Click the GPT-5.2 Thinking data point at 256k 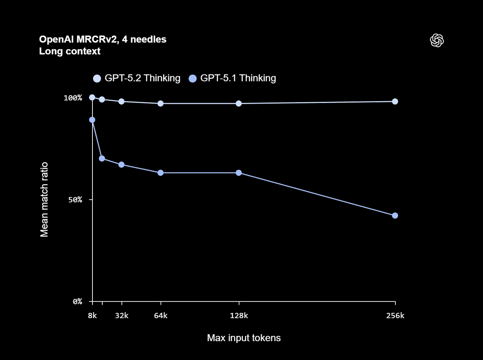(395, 102)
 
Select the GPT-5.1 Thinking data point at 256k (395, 215)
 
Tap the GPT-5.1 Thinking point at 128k (238, 173)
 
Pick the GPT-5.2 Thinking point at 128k (238, 103)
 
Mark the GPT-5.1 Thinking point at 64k (160, 173)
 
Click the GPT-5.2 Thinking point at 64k (160, 103)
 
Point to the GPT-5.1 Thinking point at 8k (92, 120)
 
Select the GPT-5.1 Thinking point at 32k (122, 165)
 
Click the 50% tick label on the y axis (75, 200)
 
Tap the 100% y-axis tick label (73, 98)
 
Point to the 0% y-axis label (77, 302)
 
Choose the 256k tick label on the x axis (395, 316)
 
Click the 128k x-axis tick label (239, 316)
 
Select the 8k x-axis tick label (92, 316)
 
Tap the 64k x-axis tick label (161, 316)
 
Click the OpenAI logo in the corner (437, 40)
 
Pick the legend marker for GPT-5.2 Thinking (97, 78)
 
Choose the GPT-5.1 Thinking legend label (238, 78)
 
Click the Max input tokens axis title (244, 338)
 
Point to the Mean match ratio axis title (45, 200)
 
